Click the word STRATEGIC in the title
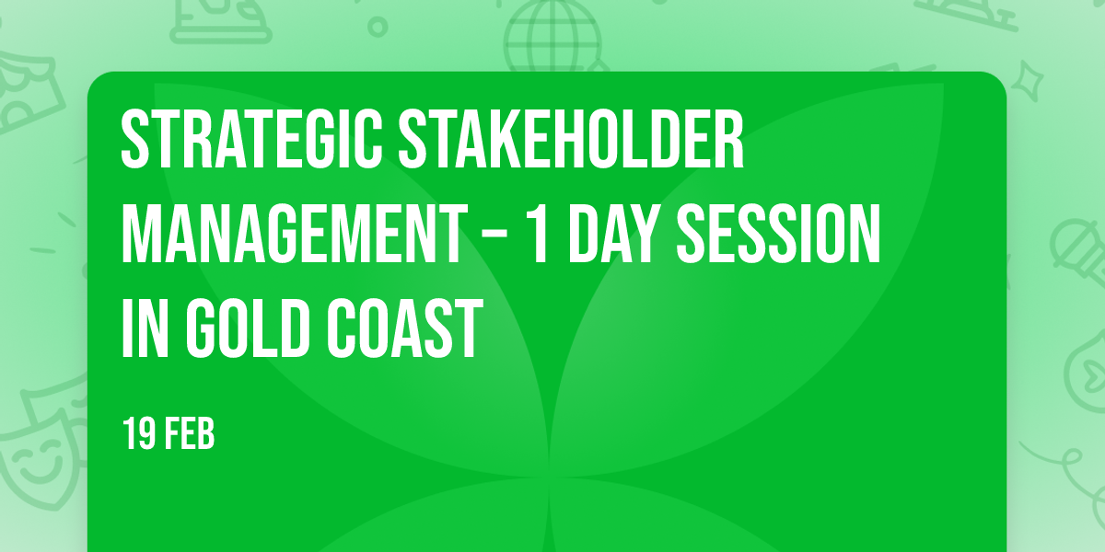(251, 139)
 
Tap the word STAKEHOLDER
(571, 139)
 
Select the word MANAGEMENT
(294, 234)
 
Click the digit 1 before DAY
(539, 234)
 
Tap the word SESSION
(778, 234)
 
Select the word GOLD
(247, 328)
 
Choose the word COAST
(404, 328)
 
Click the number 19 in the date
(139, 433)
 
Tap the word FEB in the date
(190, 433)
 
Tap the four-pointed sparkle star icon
(1028, 81)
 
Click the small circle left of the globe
(378, 27)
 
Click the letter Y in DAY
(645, 234)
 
